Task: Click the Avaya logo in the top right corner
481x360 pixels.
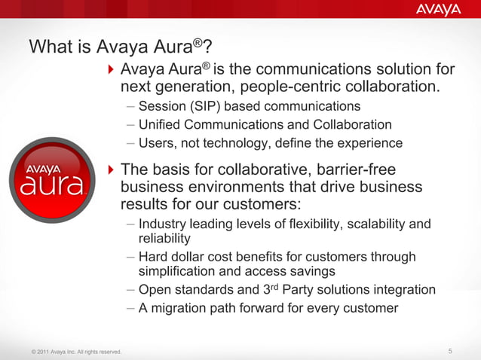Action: [x=437, y=10]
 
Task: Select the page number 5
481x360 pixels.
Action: [x=450, y=351]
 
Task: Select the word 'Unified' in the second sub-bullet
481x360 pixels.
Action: [x=161, y=124]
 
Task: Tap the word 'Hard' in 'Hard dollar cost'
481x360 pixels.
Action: [x=153, y=257]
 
